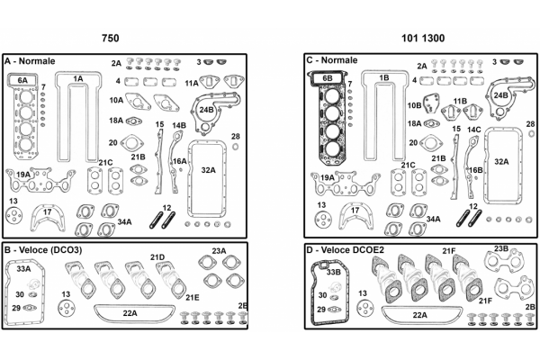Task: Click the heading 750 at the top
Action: [x=110, y=38]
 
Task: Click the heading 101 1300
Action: [x=423, y=38]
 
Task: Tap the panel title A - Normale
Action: [x=30, y=61]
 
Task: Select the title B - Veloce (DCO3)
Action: [x=43, y=250]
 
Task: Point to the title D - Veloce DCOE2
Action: [x=345, y=249]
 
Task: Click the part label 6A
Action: [x=22, y=80]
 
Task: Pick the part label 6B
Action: [x=328, y=78]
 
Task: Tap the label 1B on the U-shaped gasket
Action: [x=383, y=78]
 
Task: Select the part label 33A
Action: [x=23, y=269]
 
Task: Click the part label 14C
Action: [x=474, y=130]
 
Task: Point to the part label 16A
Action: [x=179, y=161]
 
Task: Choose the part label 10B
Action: [x=414, y=105]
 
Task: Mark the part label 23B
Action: [x=501, y=248]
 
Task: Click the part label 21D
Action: [x=157, y=257]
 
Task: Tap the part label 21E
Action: [x=193, y=297]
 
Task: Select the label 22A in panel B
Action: [x=130, y=313]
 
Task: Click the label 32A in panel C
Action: [x=501, y=162]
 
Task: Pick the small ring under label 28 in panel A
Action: [x=236, y=147]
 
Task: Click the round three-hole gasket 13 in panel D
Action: [x=365, y=308]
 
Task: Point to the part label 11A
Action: [x=192, y=83]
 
